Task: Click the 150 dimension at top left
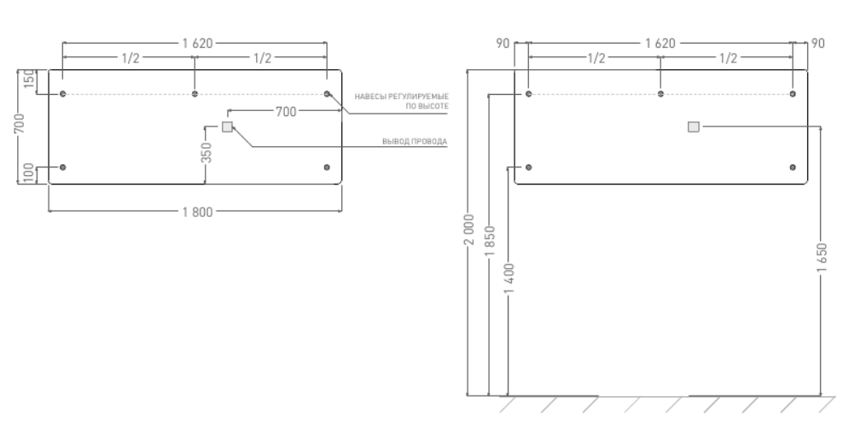coord(28,82)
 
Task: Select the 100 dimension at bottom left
coord(28,174)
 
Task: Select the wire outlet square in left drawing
coord(227,127)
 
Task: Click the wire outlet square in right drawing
coord(693,127)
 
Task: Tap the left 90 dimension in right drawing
coord(503,42)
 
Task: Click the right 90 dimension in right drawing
coord(818,42)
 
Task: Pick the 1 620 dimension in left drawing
coord(195,42)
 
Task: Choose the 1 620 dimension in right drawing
coord(661,42)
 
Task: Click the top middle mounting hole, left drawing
coord(195,93)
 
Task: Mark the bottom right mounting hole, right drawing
coord(793,167)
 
